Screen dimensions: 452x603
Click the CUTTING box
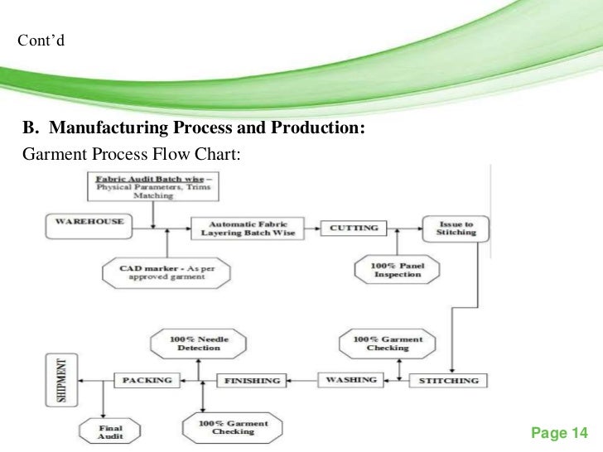[x=355, y=227]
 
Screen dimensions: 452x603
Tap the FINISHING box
[x=248, y=381]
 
